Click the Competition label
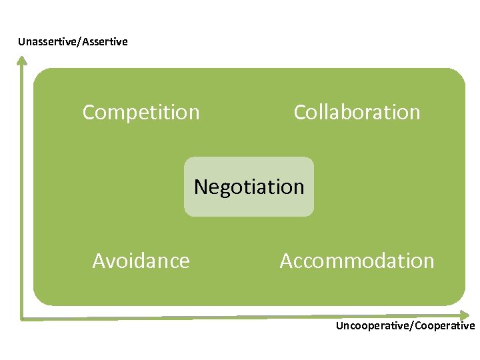point(141,113)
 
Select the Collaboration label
point(357,112)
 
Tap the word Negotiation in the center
point(249,187)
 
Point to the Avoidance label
point(141,261)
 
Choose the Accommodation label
point(357,261)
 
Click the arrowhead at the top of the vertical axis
point(22,61)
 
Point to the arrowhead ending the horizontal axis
point(465,314)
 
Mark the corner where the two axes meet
point(23,318)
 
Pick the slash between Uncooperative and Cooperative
point(413,326)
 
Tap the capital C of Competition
point(88,113)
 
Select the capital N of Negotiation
point(200,187)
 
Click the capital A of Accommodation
point(286,261)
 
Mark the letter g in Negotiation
point(227,189)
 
